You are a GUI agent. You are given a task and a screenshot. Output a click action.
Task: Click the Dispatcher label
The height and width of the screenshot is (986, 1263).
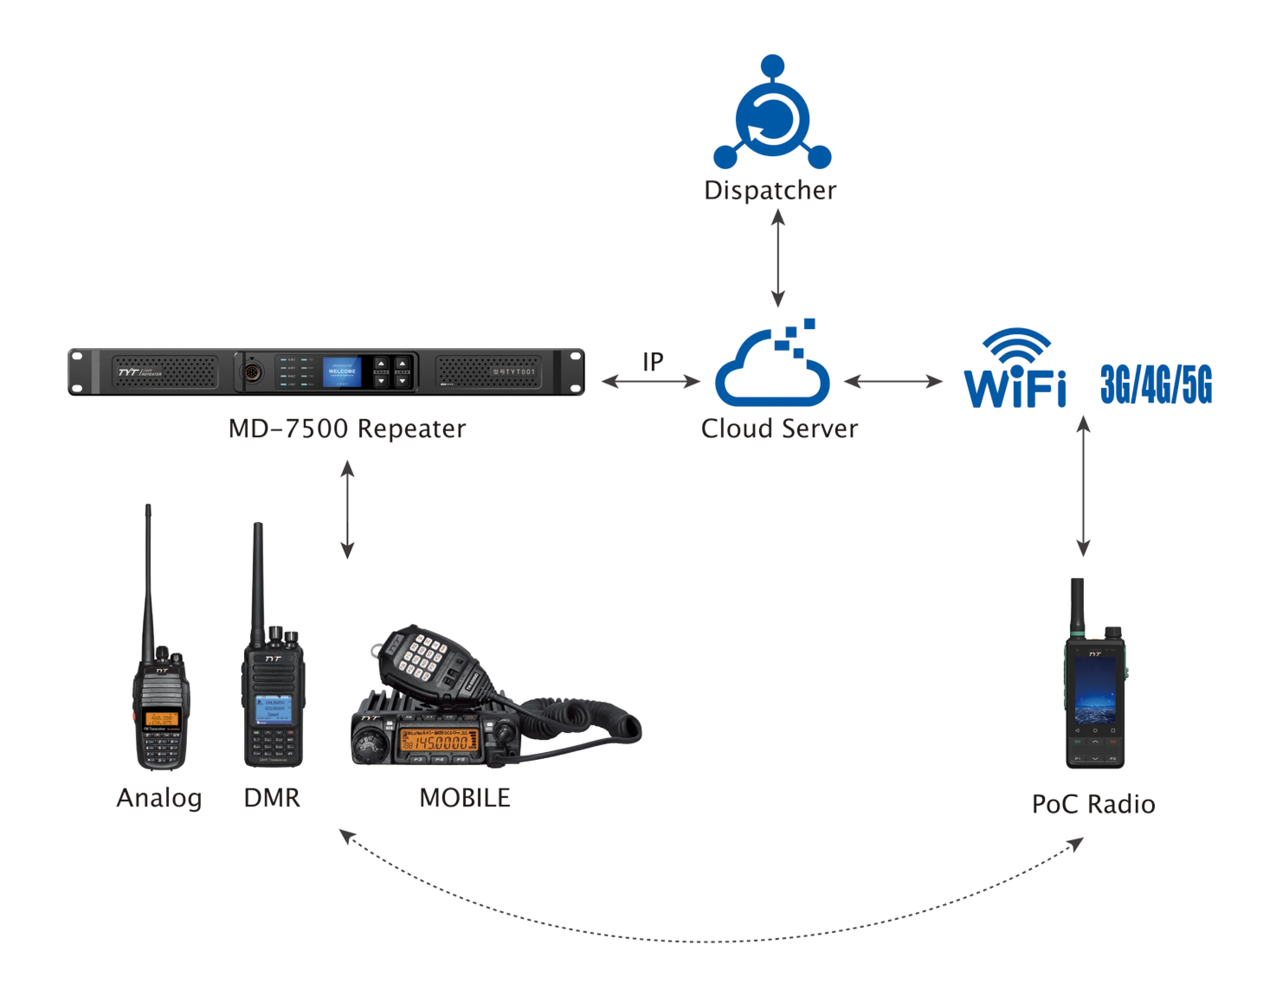click(770, 191)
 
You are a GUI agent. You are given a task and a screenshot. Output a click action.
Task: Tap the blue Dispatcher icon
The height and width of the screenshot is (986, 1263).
click(772, 118)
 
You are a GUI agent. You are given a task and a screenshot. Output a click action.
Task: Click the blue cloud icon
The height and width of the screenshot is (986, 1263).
click(772, 370)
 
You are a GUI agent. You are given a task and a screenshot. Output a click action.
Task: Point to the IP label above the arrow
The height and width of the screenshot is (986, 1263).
click(653, 362)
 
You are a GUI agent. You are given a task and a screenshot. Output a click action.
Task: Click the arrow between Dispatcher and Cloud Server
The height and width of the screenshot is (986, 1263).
click(778, 258)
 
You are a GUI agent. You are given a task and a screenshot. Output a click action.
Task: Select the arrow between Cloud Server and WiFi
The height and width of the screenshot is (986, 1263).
click(893, 381)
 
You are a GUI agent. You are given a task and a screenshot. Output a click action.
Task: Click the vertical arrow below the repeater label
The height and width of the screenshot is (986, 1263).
click(347, 509)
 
